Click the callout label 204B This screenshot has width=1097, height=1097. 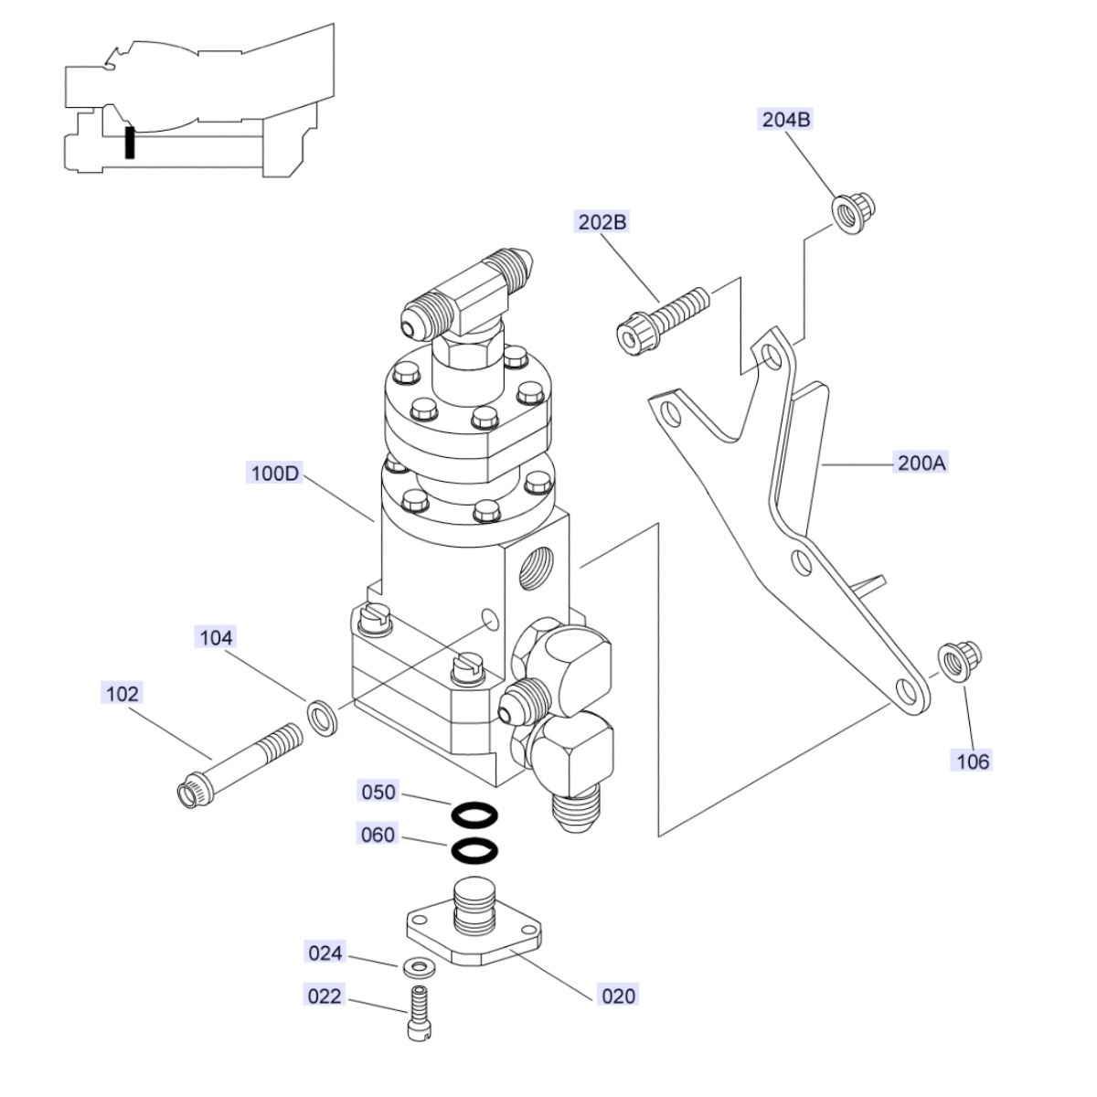(785, 120)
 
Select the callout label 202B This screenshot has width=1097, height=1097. (602, 222)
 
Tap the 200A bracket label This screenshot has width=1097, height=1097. (921, 463)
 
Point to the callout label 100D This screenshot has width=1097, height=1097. (274, 473)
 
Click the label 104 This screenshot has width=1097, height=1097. (216, 637)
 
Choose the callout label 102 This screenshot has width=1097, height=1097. (122, 694)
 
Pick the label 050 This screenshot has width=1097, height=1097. (378, 792)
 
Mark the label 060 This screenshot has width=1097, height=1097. (378, 835)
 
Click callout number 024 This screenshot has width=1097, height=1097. (325, 953)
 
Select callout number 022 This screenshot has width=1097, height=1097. (324, 996)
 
